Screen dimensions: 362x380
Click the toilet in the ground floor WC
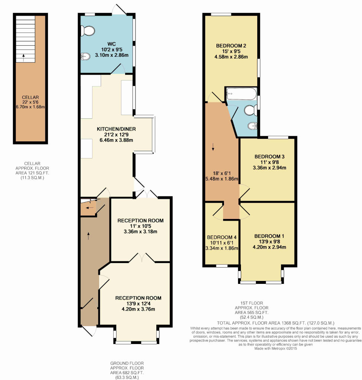coord(88,31)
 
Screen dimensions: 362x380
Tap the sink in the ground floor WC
coord(85,56)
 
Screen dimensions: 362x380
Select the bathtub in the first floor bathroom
coord(241,94)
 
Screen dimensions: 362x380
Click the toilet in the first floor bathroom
coord(251,110)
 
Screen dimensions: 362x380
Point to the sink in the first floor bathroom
coord(252,126)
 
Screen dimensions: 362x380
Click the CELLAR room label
coord(30,98)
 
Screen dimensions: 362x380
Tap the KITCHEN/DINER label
coord(116,129)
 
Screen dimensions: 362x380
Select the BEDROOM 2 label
coord(231,46)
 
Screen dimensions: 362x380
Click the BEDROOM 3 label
coord(270,157)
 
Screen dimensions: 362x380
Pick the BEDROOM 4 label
coord(222,237)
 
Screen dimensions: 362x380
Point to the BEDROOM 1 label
coord(269,236)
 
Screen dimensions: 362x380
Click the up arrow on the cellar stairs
coord(23,58)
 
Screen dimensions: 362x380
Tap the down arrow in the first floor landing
coord(213,147)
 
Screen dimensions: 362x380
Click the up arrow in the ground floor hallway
coord(88,236)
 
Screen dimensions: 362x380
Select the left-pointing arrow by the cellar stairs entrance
coord(90,208)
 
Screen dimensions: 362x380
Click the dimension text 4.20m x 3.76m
coord(138,309)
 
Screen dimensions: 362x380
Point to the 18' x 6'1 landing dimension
coord(222,173)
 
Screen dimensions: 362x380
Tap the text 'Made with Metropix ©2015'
coord(275,348)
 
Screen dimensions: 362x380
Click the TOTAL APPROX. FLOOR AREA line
coord(275,323)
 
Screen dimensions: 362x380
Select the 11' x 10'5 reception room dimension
coord(140,226)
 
